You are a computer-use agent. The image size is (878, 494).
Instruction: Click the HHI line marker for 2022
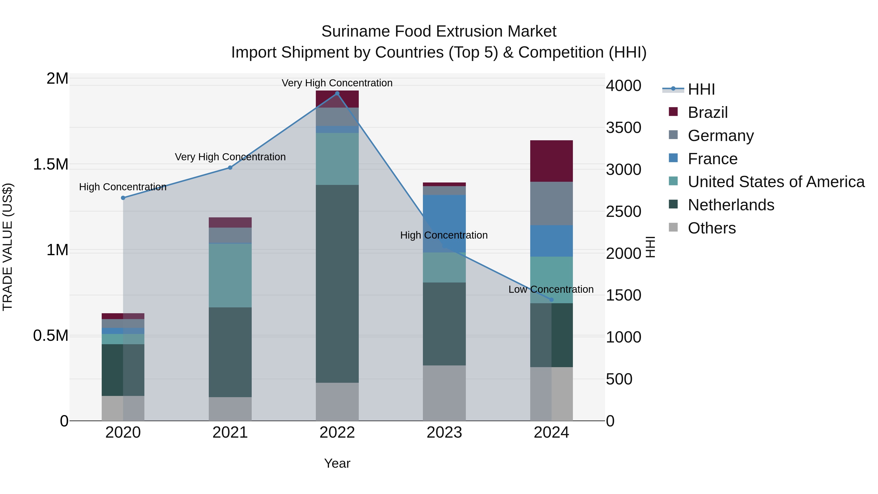click(337, 93)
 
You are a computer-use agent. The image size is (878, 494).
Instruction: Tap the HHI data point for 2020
click(123, 198)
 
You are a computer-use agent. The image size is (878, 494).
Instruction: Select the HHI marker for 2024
click(551, 300)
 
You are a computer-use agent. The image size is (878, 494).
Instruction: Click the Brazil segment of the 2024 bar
click(551, 161)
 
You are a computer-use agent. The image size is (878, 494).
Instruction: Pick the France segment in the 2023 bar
click(444, 223)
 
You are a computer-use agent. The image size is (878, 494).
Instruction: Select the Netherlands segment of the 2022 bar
click(337, 284)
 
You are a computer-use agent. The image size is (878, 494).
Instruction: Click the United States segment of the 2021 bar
click(230, 275)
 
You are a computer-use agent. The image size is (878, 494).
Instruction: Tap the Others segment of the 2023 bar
click(444, 393)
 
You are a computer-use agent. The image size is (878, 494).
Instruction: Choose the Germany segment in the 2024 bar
click(551, 203)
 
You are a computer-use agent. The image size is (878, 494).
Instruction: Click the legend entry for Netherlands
click(731, 205)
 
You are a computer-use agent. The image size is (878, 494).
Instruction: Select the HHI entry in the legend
click(701, 89)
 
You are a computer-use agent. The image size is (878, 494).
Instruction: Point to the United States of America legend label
click(776, 182)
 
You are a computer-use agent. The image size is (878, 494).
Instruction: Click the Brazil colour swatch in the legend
click(673, 112)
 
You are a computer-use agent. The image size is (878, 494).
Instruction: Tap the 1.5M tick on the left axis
click(50, 164)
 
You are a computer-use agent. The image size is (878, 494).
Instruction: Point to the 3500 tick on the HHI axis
click(623, 128)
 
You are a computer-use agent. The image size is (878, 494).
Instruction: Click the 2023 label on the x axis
click(444, 433)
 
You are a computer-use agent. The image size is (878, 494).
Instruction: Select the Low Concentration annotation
click(551, 289)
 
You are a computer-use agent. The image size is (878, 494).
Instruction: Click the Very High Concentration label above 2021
click(230, 157)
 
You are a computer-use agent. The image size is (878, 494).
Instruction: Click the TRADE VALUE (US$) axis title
click(8, 247)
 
